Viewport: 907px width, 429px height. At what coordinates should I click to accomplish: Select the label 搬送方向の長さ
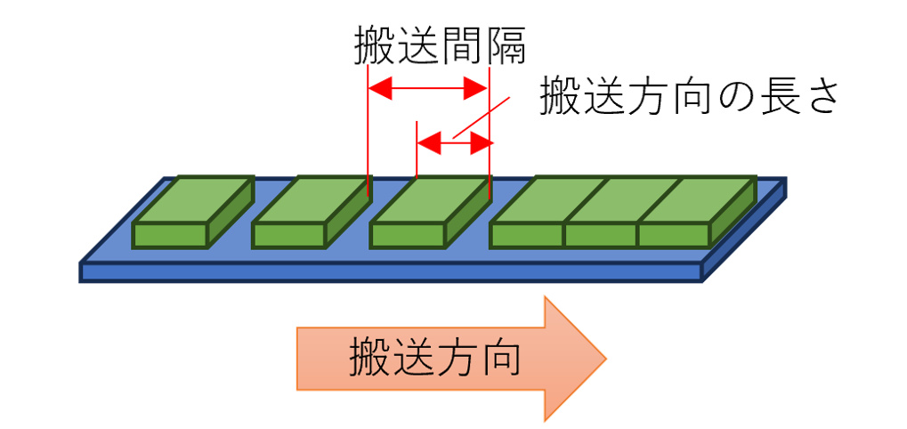click(689, 96)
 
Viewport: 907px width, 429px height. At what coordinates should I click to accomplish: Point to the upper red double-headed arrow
click(428, 88)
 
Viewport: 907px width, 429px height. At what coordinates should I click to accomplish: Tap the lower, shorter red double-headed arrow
click(454, 142)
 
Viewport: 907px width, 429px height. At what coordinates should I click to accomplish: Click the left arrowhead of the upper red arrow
click(377, 88)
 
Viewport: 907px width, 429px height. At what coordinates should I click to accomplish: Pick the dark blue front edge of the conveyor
click(392, 272)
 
